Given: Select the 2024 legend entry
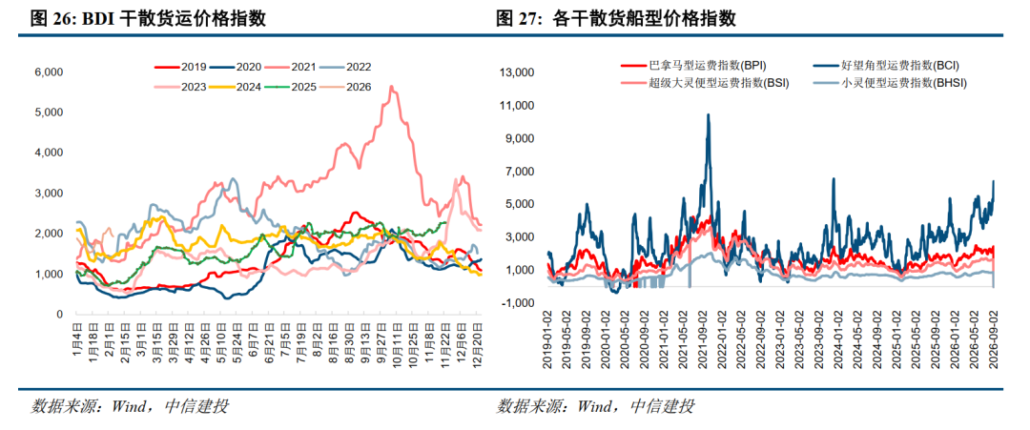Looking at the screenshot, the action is (x=237, y=87).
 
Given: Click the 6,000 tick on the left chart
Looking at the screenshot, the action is (x=50, y=72).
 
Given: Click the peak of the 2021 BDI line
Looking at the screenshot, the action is (x=392, y=86).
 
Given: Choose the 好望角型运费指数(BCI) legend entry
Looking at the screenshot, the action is (x=890, y=66).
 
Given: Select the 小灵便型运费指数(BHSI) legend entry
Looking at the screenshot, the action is (x=890, y=83).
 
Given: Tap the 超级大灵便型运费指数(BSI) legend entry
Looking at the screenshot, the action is (x=705, y=83).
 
